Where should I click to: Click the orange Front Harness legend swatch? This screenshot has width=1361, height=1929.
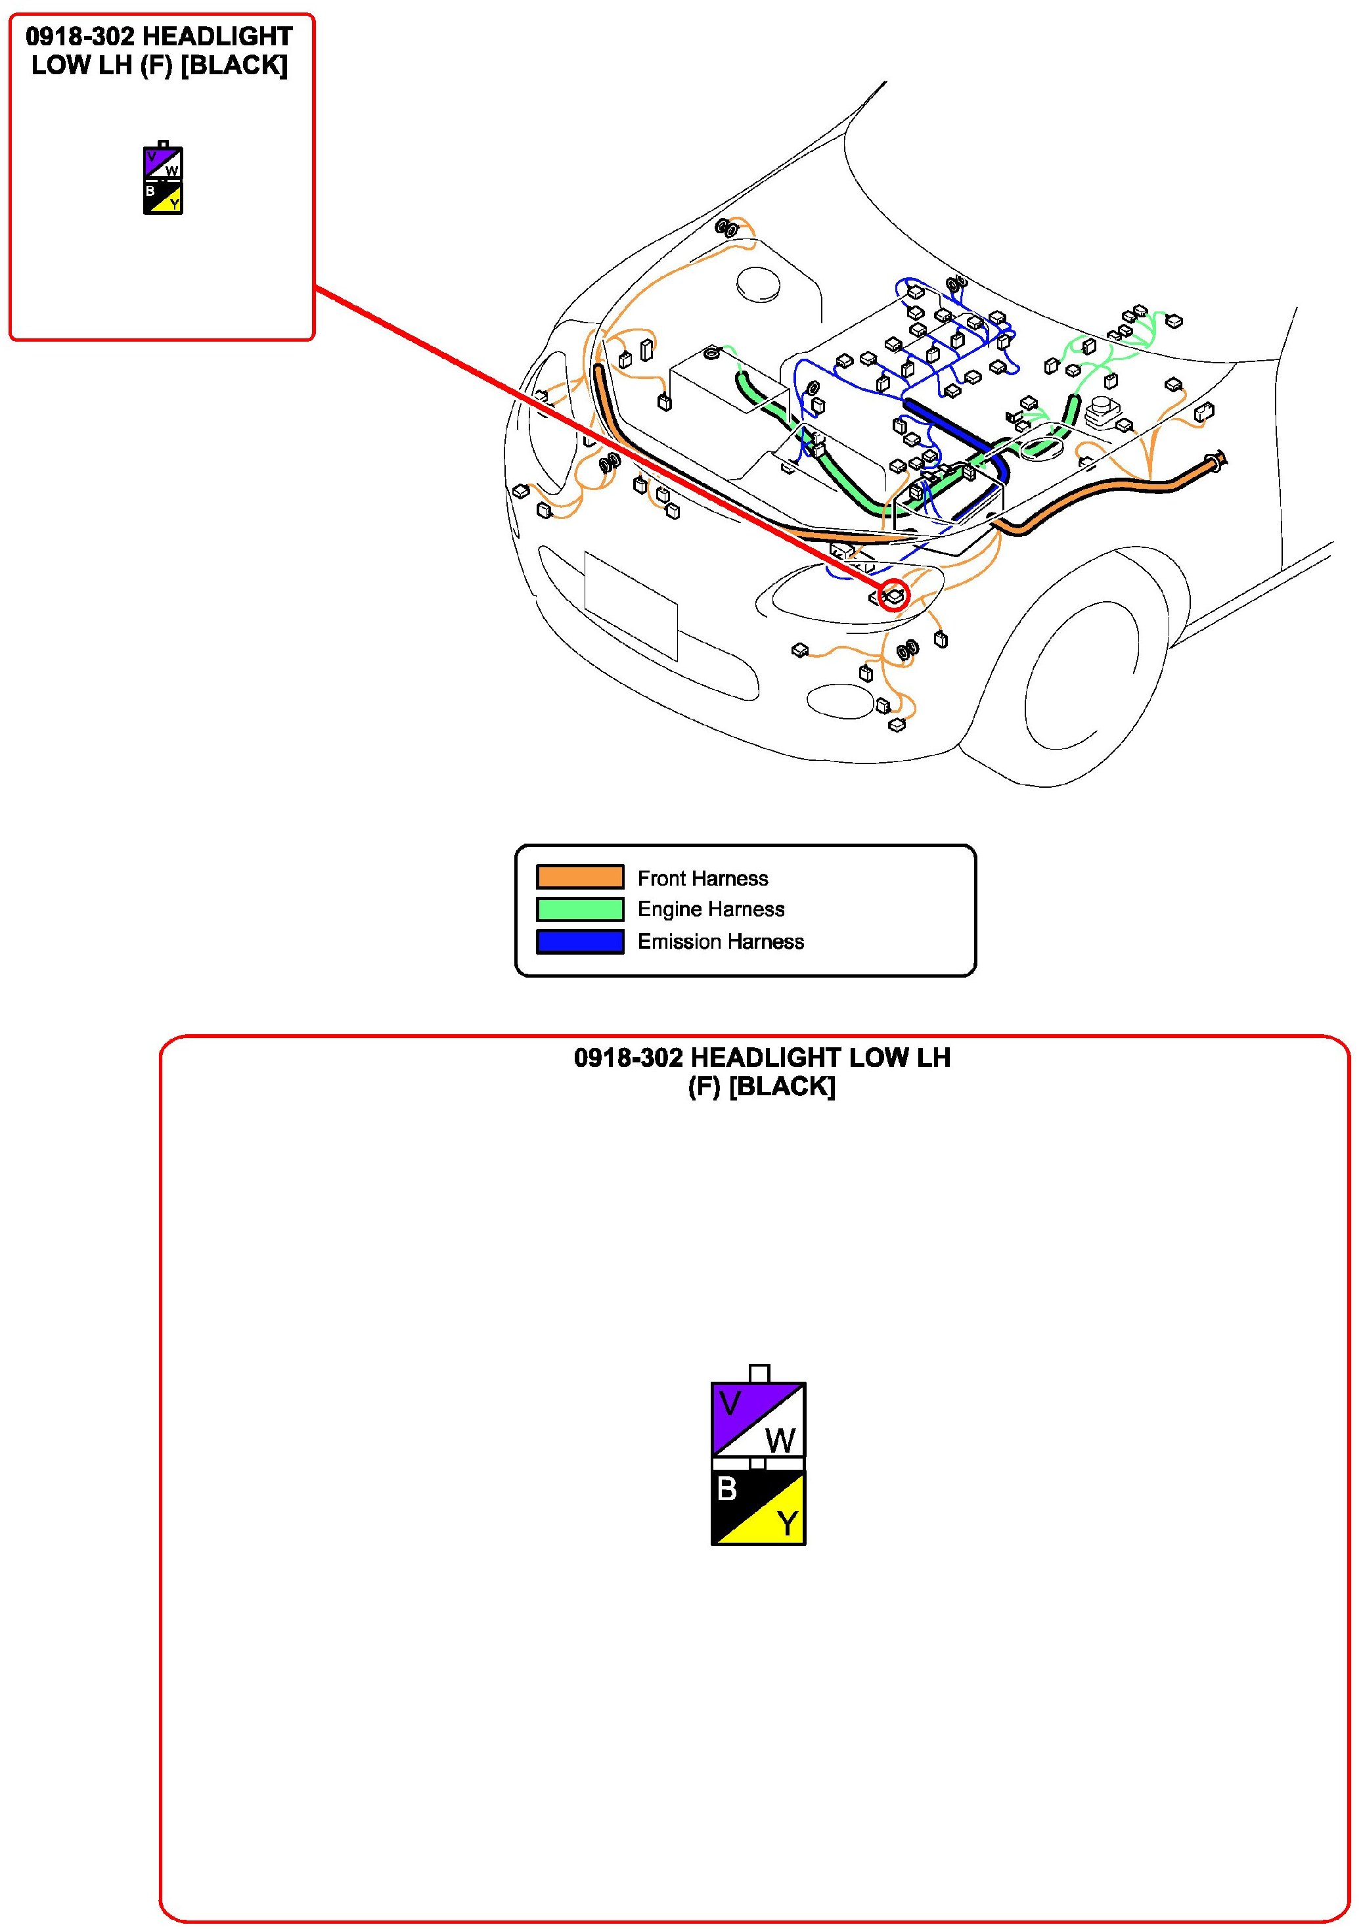[580, 876]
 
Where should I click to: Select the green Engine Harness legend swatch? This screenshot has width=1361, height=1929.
[580, 909]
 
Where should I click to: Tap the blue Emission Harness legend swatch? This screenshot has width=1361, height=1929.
[580, 941]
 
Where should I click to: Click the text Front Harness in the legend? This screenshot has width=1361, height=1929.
[702, 878]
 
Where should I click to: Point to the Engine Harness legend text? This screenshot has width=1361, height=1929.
[711, 909]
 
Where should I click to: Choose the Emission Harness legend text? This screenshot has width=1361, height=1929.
[720, 941]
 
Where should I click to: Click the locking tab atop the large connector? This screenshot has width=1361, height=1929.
[759, 1373]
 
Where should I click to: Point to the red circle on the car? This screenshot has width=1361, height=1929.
[895, 595]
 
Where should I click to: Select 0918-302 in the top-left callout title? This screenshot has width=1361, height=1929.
[80, 37]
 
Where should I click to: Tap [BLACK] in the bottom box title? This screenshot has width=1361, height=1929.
[782, 1086]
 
